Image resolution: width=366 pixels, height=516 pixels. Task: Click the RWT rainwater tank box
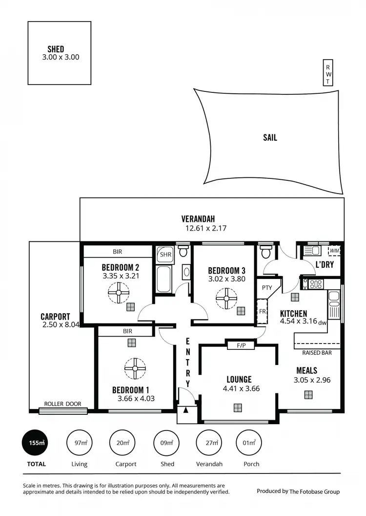tap(328, 74)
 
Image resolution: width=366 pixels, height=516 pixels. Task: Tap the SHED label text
tap(56, 49)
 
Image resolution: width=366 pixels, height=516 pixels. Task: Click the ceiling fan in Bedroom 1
tap(134, 369)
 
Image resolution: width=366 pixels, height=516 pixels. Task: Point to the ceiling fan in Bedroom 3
tap(226, 298)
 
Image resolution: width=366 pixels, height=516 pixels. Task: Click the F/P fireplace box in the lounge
tap(241, 346)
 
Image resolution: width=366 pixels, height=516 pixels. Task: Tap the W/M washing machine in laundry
tap(334, 251)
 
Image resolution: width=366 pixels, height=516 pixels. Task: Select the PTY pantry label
tap(266, 288)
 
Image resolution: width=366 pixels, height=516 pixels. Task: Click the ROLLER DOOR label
tap(62, 404)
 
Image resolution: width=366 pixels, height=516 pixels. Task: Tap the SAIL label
tap(270, 138)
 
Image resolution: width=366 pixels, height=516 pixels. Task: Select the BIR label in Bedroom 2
tap(117, 252)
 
